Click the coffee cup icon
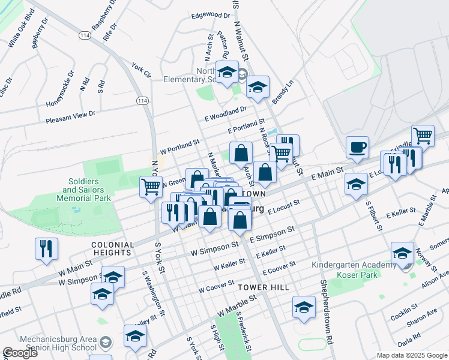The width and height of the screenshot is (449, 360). pyautogui.click(x=357, y=147)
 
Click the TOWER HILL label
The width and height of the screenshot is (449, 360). pyautogui.click(x=263, y=287)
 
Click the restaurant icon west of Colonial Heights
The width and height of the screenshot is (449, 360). pyautogui.click(x=46, y=247)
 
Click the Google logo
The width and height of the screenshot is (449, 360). pyautogui.click(x=20, y=353)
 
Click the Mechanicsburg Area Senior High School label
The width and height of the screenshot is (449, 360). pyautogui.click(x=58, y=343)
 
